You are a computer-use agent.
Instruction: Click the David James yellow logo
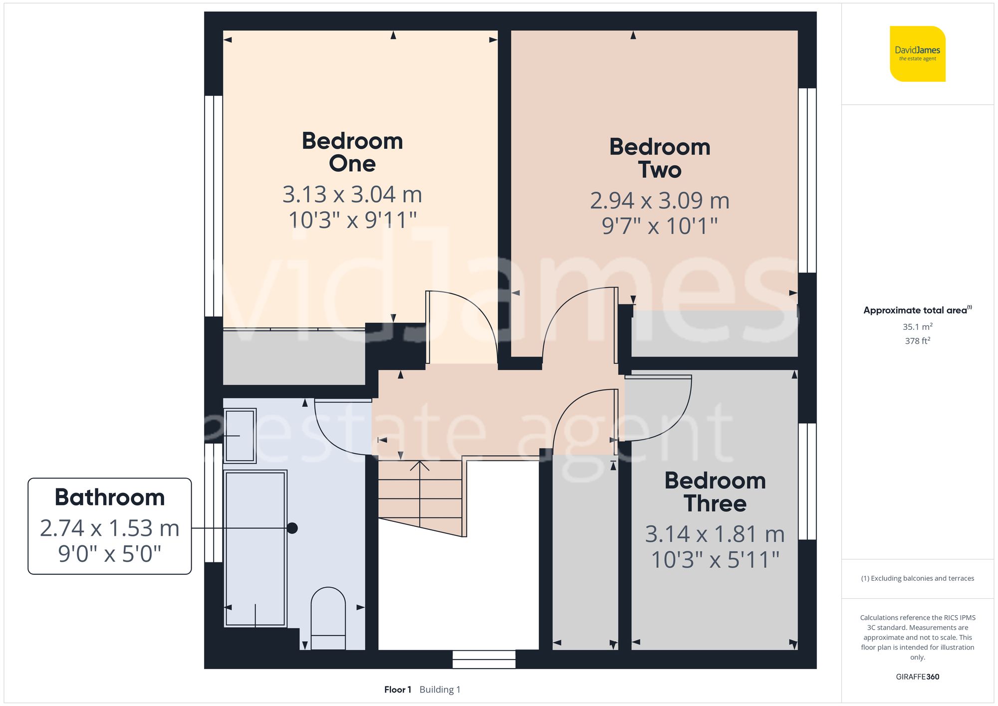tap(917, 54)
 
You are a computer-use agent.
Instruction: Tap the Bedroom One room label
tap(352, 152)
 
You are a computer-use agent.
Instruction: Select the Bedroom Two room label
tap(660, 158)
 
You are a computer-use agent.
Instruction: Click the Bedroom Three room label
tap(715, 492)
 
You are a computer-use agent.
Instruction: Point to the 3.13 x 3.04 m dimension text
tap(352, 195)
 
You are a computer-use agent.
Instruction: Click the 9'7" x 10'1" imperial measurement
tap(660, 226)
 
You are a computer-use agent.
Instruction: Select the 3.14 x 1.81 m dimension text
tap(715, 534)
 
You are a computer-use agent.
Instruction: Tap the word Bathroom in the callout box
tap(110, 497)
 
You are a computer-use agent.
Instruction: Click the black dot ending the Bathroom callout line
tap(292, 528)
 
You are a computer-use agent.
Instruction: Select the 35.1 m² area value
tap(917, 327)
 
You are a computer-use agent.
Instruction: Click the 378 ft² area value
tap(917, 341)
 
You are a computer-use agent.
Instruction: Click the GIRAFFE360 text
tap(917, 677)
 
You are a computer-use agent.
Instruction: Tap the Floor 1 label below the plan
tap(398, 690)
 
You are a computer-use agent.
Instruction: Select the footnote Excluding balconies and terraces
tap(917, 578)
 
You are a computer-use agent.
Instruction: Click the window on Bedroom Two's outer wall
tap(807, 181)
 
